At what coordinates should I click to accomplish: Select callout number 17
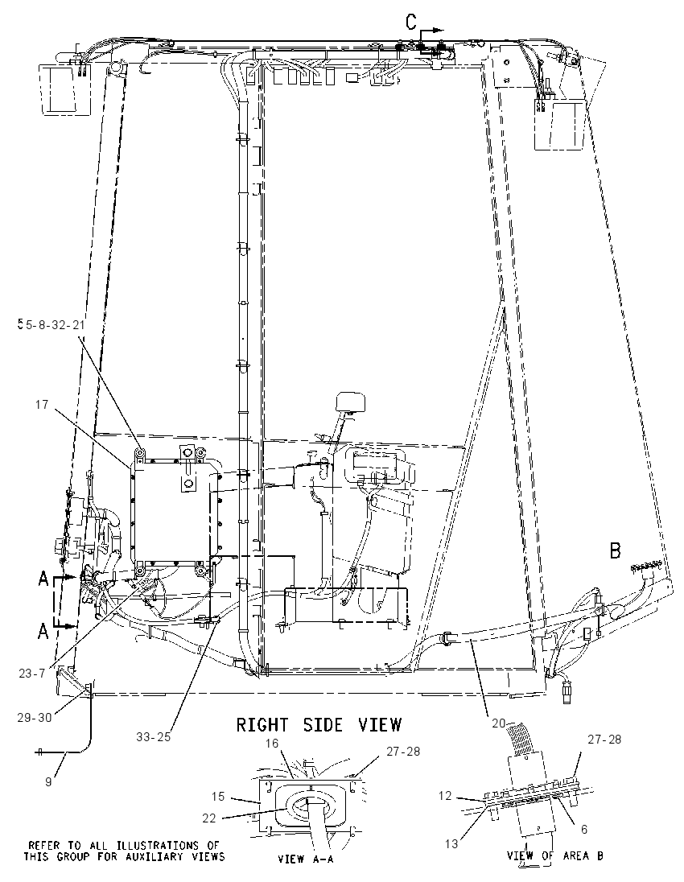(x=43, y=404)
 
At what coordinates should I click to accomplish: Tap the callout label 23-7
(x=31, y=672)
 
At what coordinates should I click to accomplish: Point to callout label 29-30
(x=35, y=717)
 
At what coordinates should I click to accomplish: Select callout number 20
(x=499, y=723)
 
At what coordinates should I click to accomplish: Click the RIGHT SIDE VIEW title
(x=319, y=724)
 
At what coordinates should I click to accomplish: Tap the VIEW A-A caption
(x=307, y=859)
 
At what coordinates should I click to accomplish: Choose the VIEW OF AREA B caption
(x=554, y=856)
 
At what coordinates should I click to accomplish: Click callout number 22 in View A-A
(x=208, y=818)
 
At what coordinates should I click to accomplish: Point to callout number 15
(x=218, y=797)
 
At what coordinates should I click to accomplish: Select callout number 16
(x=272, y=744)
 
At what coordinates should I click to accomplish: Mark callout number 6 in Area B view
(x=584, y=829)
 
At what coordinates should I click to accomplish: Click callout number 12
(x=445, y=796)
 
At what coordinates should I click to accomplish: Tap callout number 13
(x=451, y=843)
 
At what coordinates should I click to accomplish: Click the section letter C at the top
(x=412, y=22)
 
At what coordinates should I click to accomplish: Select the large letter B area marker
(x=616, y=550)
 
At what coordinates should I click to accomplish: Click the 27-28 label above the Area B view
(x=604, y=739)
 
